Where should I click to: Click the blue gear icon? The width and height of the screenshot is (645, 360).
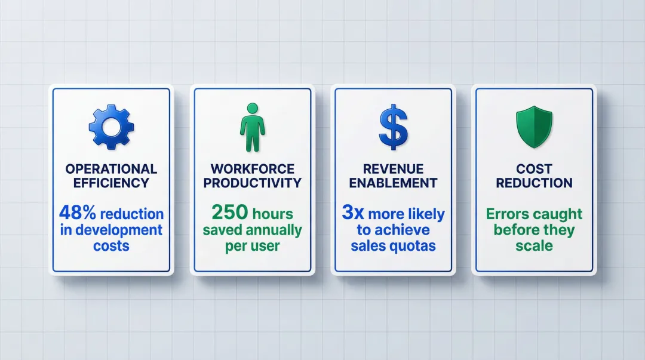click(111, 127)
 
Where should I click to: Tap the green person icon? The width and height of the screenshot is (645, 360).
click(252, 127)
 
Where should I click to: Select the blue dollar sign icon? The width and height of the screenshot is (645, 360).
click(394, 127)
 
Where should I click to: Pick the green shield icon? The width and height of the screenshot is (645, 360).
click(534, 127)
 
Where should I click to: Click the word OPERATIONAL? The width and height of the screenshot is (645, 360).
click(111, 169)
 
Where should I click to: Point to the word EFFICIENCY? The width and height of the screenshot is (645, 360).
click(111, 183)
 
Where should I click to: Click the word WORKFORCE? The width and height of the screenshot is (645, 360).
click(252, 169)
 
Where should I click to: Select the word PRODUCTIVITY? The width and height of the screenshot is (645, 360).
click(252, 183)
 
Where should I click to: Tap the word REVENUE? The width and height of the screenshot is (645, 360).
click(394, 169)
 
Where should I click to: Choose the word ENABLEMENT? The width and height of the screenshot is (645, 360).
click(394, 183)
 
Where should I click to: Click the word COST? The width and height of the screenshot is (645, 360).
click(534, 169)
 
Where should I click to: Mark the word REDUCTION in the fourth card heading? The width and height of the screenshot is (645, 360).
click(534, 183)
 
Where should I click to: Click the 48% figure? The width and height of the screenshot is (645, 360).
click(73, 213)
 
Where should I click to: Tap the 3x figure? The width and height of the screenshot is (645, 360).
click(353, 213)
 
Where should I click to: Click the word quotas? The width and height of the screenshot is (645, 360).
click(415, 245)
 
